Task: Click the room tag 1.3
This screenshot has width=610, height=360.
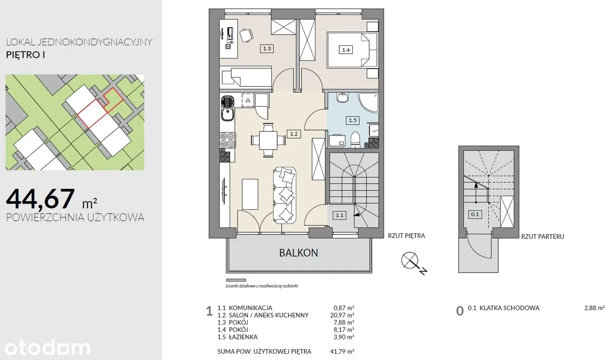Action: click(x=267, y=49)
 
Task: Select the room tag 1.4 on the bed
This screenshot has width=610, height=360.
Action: click(x=346, y=50)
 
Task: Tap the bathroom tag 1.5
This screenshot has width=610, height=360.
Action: click(x=352, y=120)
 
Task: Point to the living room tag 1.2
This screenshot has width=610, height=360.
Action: click(x=294, y=134)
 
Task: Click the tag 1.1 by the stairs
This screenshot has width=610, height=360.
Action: click(x=339, y=216)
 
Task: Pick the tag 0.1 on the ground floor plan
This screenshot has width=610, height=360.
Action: click(x=475, y=215)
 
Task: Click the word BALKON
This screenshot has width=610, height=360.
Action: click(x=298, y=253)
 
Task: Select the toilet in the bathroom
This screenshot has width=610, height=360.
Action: click(x=355, y=139)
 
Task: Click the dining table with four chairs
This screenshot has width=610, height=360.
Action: click(x=268, y=140)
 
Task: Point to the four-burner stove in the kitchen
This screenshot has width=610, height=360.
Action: click(x=227, y=140)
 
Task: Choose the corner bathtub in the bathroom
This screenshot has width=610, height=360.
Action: click(x=368, y=103)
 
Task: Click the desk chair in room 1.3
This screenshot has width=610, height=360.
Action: click(x=246, y=35)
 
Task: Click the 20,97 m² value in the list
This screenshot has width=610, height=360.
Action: click(x=342, y=315)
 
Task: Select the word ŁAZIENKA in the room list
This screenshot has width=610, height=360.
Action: click(x=243, y=337)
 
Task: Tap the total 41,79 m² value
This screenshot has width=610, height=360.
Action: click(x=342, y=351)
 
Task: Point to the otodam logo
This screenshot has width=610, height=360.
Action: click(x=47, y=348)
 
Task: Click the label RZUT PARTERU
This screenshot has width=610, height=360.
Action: click(x=542, y=237)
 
